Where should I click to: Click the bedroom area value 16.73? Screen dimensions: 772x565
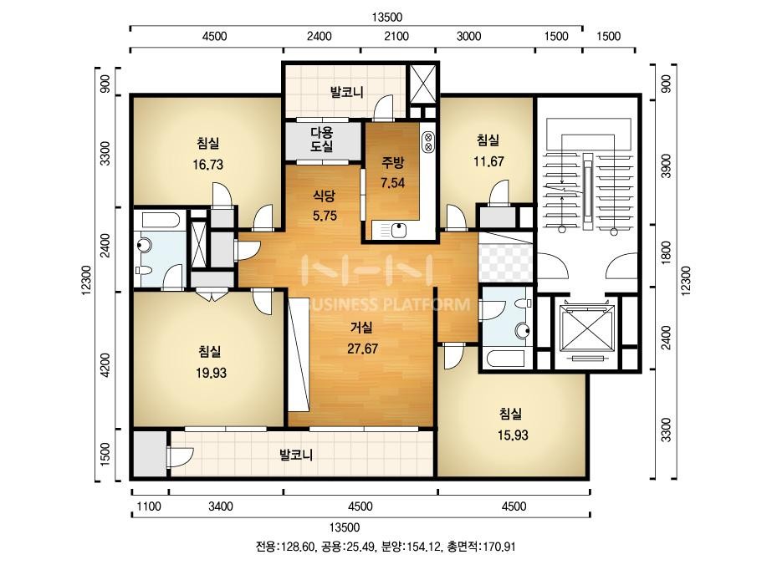click(x=207, y=165)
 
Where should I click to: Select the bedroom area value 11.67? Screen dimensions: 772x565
click(x=488, y=161)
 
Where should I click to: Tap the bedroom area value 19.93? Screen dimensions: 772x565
click(x=212, y=373)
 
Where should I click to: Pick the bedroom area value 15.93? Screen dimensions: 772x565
click(x=513, y=435)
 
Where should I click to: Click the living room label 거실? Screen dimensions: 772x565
click(x=362, y=328)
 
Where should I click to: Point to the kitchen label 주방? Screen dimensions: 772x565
click(x=393, y=162)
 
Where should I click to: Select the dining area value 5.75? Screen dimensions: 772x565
click(x=325, y=216)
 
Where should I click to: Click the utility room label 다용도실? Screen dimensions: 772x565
click(x=321, y=140)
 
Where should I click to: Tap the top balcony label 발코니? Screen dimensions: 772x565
click(x=346, y=92)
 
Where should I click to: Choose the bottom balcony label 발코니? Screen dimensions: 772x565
click(x=296, y=455)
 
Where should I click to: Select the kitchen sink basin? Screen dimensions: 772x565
click(x=398, y=230)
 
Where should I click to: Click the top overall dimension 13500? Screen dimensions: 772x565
click(x=387, y=18)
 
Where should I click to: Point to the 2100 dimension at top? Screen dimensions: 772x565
click(x=396, y=37)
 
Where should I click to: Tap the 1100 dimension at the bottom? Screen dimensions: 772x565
click(x=149, y=506)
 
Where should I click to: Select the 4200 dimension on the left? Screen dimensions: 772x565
click(x=105, y=365)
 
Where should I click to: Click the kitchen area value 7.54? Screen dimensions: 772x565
click(x=393, y=183)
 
